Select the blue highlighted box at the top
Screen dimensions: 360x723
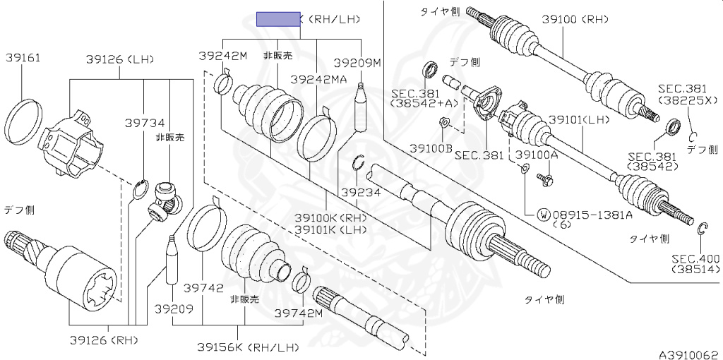pyautogui.click(x=278, y=19)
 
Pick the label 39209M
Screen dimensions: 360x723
pyautogui.click(x=357, y=63)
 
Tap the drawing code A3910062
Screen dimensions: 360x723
pyautogui.click(x=688, y=353)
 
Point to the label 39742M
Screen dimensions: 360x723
pyautogui.click(x=299, y=313)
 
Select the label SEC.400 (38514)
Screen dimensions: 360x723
pyautogui.click(x=695, y=264)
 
